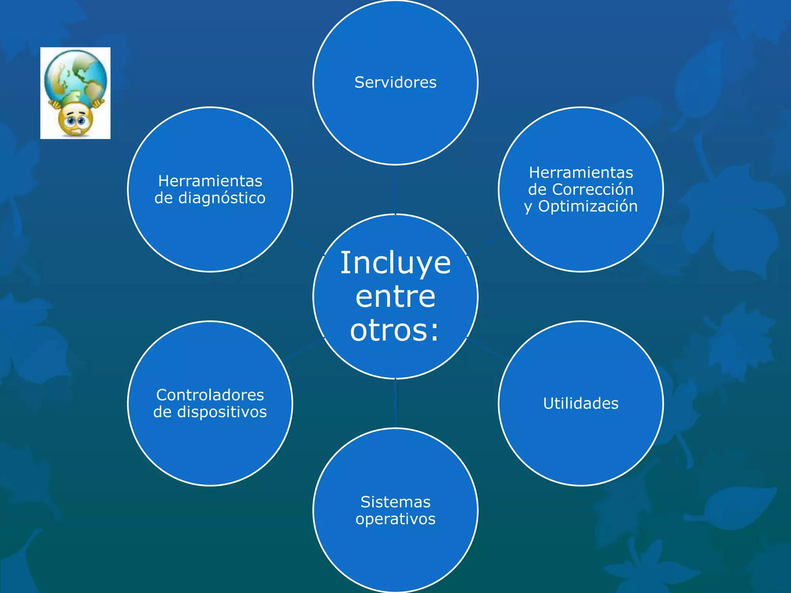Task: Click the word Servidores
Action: (x=395, y=82)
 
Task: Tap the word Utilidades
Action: (x=581, y=403)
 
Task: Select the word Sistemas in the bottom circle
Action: (x=395, y=502)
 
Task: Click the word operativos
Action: (x=395, y=519)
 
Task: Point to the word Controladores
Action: (x=210, y=395)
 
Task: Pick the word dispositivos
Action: (x=222, y=412)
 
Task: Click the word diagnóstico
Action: (x=222, y=198)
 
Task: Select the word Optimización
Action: (x=588, y=207)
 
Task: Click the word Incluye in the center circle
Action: (x=395, y=263)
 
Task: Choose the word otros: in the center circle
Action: (x=395, y=330)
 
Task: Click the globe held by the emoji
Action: (x=76, y=75)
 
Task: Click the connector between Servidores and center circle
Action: (x=395, y=189)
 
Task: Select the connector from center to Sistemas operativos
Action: (x=395, y=403)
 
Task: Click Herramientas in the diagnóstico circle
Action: (x=210, y=181)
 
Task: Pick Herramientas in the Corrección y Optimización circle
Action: (x=581, y=173)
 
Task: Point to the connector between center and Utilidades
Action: (x=487, y=349)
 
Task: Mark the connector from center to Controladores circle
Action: (x=304, y=350)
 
